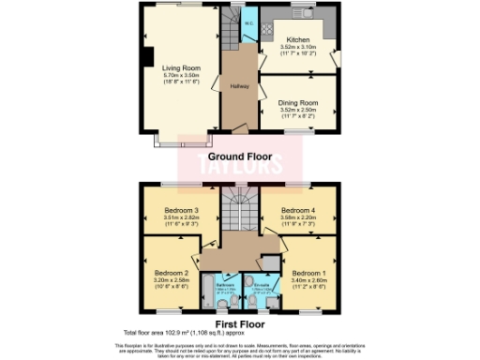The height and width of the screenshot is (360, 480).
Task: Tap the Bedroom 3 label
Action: [x=181, y=210]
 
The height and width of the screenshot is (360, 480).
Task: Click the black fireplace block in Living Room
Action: [x=148, y=56]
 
